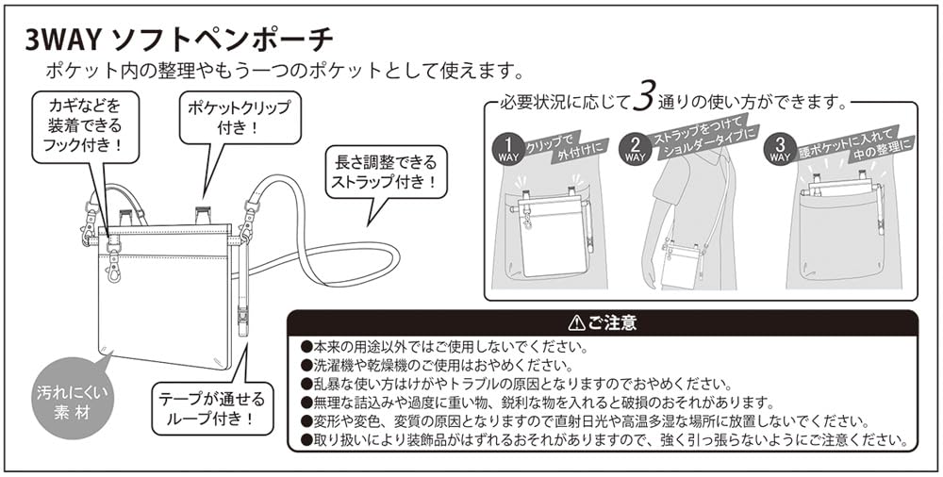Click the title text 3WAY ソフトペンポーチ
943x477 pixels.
click(x=178, y=41)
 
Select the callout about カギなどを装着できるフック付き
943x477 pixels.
click(x=84, y=123)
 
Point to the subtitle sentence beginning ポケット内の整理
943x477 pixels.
click(x=284, y=71)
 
